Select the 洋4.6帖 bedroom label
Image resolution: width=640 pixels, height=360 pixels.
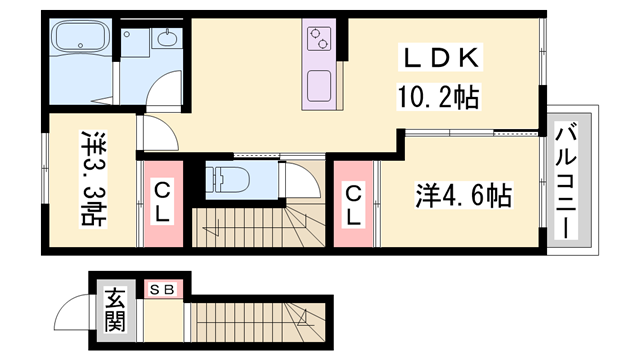463,195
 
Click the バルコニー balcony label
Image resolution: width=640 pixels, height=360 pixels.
568,180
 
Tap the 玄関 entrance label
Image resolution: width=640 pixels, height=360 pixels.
115,310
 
